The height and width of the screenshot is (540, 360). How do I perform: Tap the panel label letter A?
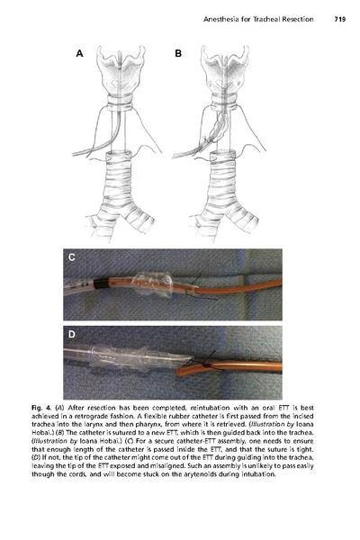(79, 54)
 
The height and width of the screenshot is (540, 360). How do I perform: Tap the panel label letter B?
(178, 54)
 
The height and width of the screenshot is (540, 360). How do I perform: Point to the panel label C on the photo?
(72, 260)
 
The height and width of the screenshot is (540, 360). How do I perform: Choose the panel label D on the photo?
(72, 337)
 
